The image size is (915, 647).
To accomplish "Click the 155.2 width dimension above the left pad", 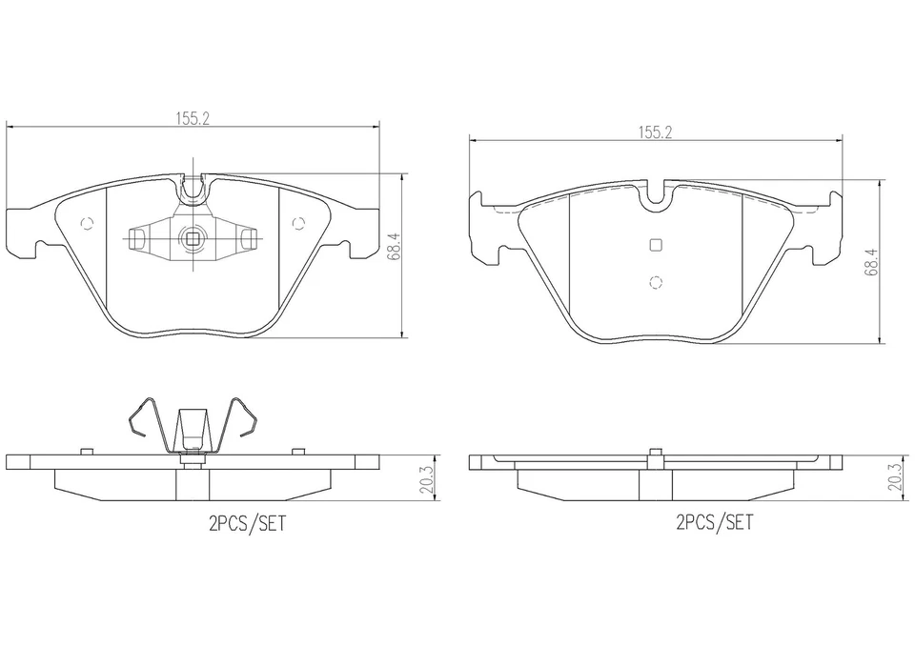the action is click(x=193, y=118).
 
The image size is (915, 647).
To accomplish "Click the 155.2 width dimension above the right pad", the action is click(x=655, y=131).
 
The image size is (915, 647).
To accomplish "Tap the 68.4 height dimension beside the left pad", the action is click(x=395, y=246).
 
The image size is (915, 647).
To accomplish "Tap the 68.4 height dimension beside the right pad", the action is click(x=872, y=261).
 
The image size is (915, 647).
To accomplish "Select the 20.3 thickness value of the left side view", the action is click(x=428, y=479).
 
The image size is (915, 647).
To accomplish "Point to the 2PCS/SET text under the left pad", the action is click(x=248, y=523).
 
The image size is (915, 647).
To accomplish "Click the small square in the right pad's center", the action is click(x=656, y=245).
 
